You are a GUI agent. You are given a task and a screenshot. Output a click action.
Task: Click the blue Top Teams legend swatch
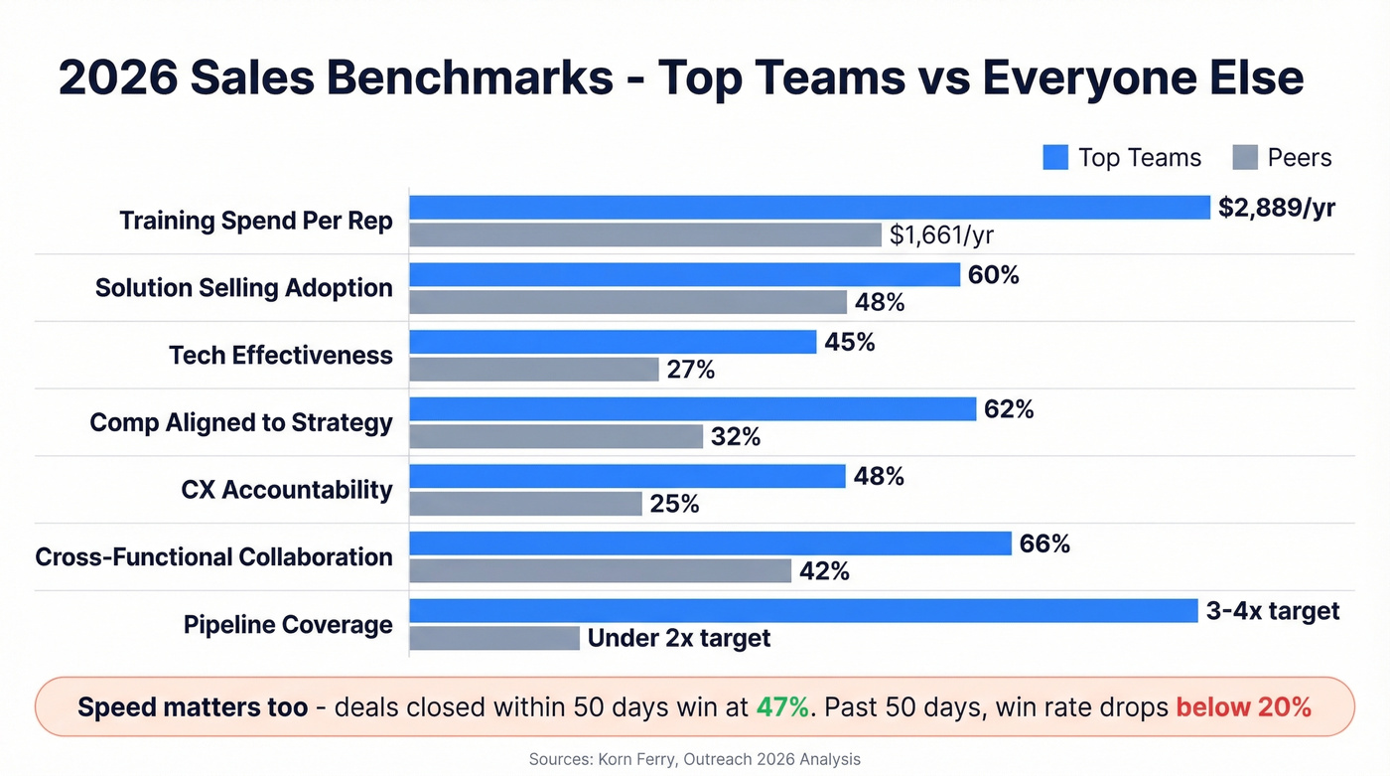tap(1054, 158)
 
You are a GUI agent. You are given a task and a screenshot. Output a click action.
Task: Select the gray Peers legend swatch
tap(1245, 158)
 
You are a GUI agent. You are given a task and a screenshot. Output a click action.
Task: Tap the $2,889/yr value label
tap(1277, 208)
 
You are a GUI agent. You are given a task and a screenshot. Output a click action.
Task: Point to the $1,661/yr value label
tap(941, 235)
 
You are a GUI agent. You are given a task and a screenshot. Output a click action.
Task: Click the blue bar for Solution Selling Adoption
tap(684, 275)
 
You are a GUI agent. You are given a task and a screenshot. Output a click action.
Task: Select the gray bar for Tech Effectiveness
tap(534, 370)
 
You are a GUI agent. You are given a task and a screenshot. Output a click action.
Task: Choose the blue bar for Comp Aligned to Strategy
tap(692, 409)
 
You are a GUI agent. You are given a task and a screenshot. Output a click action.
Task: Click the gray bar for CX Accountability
tap(526, 505)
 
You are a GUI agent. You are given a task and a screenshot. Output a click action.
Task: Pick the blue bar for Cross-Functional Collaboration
tap(710, 543)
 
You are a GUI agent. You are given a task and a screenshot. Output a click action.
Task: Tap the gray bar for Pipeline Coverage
tap(494, 638)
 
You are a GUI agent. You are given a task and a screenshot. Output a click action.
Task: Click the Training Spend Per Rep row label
tap(256, 221)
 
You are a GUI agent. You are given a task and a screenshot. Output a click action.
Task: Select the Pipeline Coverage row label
tap(288, 625)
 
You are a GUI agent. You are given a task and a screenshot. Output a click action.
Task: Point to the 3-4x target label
tap(1273, 611)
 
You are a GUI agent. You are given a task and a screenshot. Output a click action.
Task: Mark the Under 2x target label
tap(679, 638)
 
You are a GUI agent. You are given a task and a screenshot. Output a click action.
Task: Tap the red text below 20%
tap(1243, 707)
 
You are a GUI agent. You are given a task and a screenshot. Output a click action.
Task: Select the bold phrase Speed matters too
tap(193, 707)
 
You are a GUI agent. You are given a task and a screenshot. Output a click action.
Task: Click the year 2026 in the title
tap(115, 78)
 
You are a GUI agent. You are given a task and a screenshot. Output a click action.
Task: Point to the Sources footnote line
tap(694, 759)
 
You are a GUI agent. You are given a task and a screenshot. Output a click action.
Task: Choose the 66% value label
tap(1044, 544)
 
